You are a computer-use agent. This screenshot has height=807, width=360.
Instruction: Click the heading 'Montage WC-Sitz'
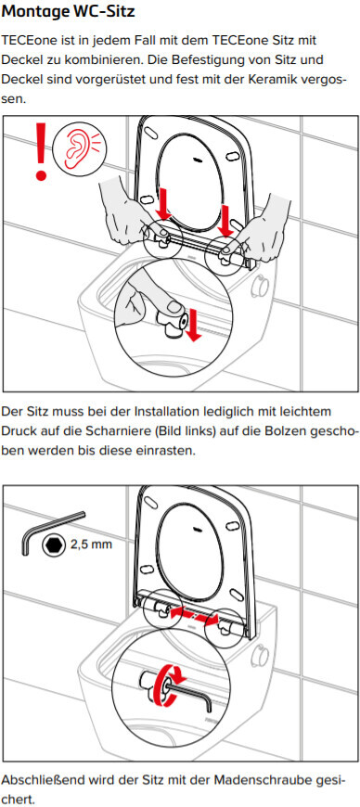tap(69, 11)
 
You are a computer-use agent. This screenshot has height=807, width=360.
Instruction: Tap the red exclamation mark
tap(41, 149)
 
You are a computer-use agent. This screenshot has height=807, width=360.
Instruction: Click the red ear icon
tap(79, 147)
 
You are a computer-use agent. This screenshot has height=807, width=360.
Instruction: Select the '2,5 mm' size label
tap(91, 544)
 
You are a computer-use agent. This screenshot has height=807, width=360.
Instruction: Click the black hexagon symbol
tap(54, 544)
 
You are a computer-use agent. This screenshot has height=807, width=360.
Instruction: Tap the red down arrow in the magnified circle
tap(193, 325)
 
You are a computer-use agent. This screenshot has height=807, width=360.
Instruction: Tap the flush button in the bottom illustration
tap(261, 655)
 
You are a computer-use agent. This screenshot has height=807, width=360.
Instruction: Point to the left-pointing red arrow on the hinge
tap(184, 611)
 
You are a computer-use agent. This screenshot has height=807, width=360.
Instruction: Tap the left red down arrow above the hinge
tap(162, 204)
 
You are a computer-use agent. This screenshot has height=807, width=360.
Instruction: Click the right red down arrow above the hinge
tap(225, 220)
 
